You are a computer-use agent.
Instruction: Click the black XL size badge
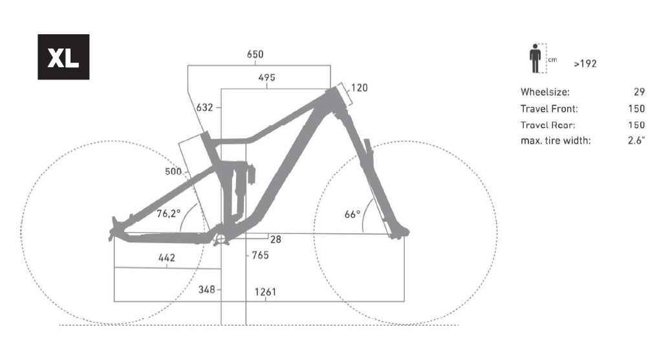[x=63, y=57]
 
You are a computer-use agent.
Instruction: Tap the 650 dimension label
[x=255, y=54]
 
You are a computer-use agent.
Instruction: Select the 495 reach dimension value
[x=266, y=78]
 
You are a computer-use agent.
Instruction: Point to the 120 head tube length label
[x=360, y=87]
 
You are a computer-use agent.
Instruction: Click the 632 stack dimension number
[x=204, y=107]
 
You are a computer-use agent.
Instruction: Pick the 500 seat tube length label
[x=173, y=171]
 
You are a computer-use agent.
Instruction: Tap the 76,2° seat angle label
[x=168, y=213]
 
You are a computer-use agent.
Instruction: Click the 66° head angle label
[x=352, y=214]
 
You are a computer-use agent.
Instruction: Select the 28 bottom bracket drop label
[x=276, y=240]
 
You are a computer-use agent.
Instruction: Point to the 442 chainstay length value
[x=167, y=257]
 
